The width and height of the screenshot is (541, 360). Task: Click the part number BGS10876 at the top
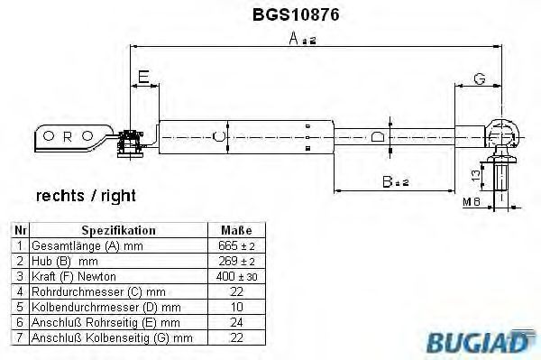pyautogui.click(x=296, y=14)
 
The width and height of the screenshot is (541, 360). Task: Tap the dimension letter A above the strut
pyautogui.click(x=294, y=38)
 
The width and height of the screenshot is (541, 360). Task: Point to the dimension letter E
pyautogui.click(x=143, y=77)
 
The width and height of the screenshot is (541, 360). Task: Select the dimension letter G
pyautogui.click(x=480, y=78)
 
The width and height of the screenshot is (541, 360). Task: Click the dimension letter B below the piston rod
pyautogui.click(x=388, y=181)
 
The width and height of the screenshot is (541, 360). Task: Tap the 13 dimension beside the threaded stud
pyautogui.click(x=476, y=175)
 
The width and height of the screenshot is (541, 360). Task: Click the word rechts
pyautogui.click(x=60, y=196)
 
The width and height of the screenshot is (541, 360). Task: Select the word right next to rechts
pyautogui.click(x=118, y=197)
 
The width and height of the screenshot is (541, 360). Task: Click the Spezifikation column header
pyautogui.click(x=118, y=230)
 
